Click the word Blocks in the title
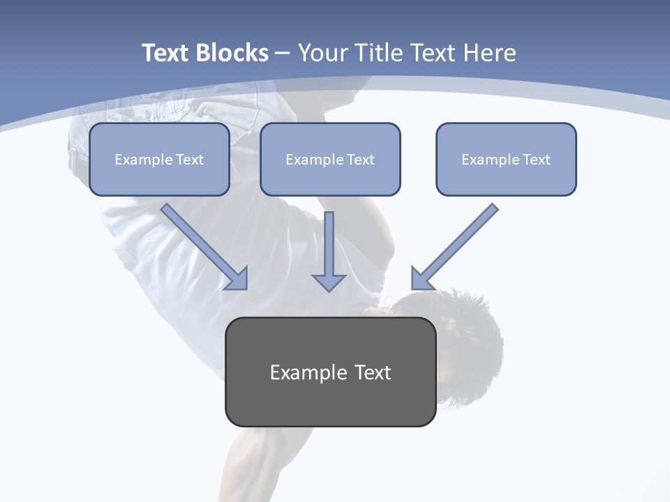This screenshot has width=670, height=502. tap(232, 53)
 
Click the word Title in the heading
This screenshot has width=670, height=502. tap(385, 53)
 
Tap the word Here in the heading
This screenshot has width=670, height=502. tap(490, 53)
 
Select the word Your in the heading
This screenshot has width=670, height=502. tap(324, 53)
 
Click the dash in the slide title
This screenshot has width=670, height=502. tap(283, 54)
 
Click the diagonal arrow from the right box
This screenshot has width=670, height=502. tap(454, 248)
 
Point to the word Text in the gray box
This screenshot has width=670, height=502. tap(373, 372)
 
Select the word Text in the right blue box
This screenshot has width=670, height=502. tap(536, 160)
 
